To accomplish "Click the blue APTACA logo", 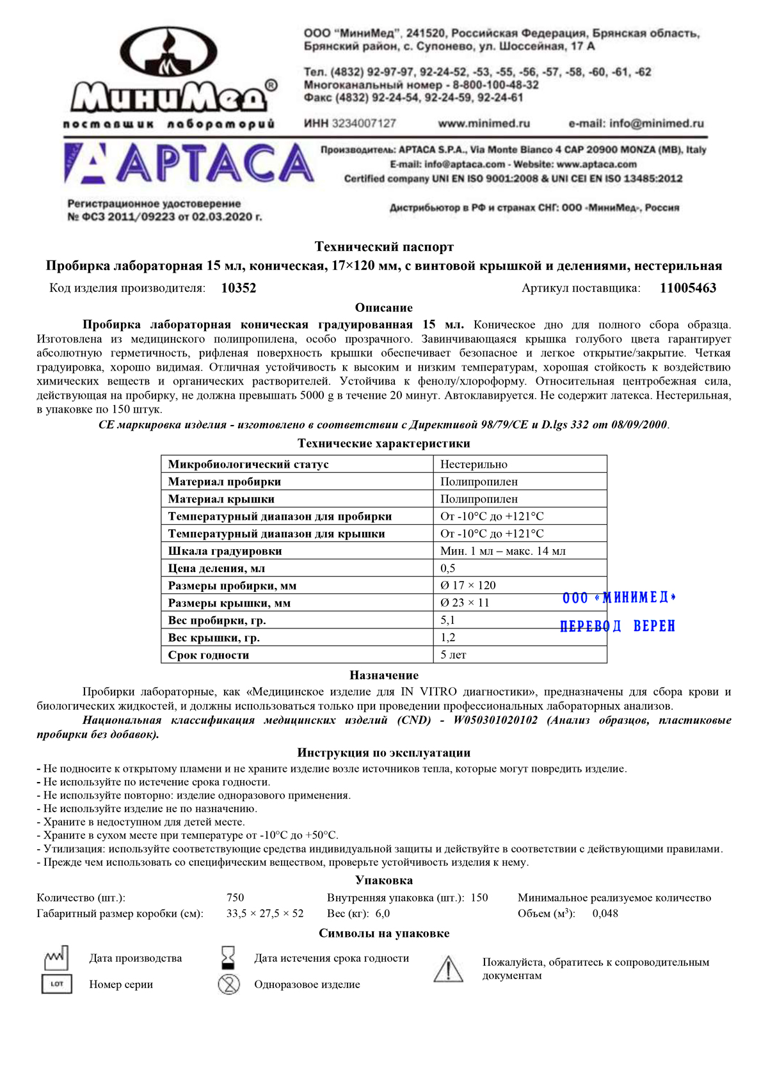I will (189, 163).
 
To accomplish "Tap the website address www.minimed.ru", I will (484, 124).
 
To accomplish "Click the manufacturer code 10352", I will (238, 288).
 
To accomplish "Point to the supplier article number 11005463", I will (688, 288).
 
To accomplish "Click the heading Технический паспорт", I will (384, 247).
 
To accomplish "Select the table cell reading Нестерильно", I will (474, 465).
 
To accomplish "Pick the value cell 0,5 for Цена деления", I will (448, 568).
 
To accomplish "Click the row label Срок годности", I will (209, 655).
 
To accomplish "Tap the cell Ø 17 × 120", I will (468, 586).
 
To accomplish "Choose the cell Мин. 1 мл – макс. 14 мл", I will (503, 551).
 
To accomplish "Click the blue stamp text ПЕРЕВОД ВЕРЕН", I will (618, 626).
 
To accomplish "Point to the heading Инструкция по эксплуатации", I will (384, 753).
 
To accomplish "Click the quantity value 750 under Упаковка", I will (235, 898).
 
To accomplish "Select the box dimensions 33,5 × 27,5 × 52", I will (265, 914).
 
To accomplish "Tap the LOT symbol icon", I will (56, 984).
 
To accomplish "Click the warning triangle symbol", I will (448, 969).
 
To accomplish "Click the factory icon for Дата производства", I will (56, 958).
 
